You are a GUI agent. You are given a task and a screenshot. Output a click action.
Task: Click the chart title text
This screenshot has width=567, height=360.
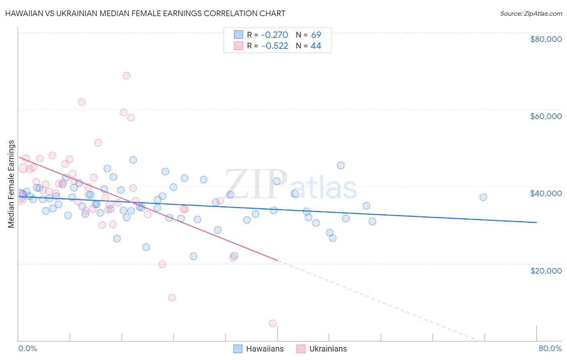click(145, 14)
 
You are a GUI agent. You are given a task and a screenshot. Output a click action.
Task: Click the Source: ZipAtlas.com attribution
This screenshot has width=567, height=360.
click(531, 14)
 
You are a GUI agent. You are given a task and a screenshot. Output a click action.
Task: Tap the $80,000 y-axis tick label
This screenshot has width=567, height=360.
click(546, 39)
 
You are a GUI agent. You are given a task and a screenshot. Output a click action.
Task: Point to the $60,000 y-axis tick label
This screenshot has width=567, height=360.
click(546, 116)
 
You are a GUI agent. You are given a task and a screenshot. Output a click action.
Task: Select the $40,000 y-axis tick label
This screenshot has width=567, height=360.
click(546, 193)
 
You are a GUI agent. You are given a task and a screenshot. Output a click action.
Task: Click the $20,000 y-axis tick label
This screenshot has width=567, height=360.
click(546, 270)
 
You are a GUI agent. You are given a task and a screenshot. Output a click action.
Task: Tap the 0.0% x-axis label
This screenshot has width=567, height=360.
click(27, 348)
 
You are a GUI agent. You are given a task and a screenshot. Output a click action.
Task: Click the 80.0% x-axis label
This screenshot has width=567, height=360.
click(550, 348)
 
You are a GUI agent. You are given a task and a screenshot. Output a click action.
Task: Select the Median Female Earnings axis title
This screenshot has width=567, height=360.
click(11, 184)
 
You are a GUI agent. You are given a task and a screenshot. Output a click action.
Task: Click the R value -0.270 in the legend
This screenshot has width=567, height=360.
click(275, 35)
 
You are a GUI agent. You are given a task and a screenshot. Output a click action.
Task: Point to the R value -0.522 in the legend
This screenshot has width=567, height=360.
click(275, 46)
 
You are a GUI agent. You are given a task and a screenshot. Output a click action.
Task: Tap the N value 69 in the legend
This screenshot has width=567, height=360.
click(316, 35)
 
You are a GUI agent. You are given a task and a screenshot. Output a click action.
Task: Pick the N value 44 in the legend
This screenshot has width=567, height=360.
click(316, 46)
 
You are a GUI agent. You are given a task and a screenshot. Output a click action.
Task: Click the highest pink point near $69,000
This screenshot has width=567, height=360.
click(126, 75)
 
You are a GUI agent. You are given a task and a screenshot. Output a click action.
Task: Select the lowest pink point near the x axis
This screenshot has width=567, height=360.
click(273, 323)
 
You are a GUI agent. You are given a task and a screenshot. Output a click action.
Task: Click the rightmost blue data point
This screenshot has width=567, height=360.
click(483, 197)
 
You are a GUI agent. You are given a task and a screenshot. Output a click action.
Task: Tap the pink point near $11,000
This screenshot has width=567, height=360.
click(172, 297)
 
